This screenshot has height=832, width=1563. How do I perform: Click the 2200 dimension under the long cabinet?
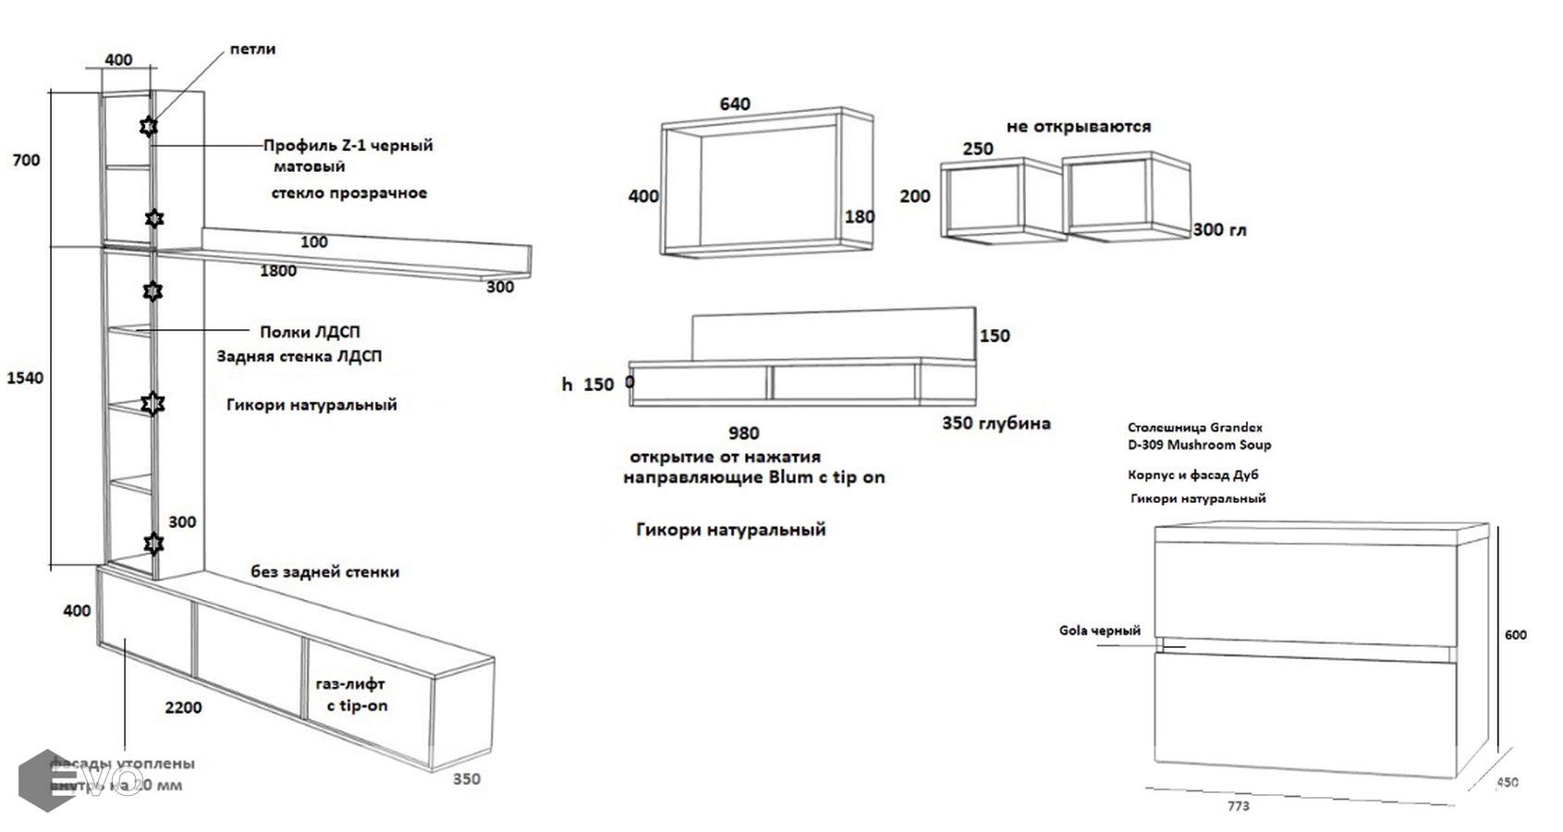coord(183,708)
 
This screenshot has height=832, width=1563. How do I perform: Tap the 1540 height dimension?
coord(25,378)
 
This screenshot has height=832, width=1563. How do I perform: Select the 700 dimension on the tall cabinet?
coord(26,160)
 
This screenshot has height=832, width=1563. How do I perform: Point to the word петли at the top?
coord(252,49)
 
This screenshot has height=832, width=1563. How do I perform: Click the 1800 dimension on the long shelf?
coord(278,271)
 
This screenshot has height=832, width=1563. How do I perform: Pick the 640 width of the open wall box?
coord(735,104)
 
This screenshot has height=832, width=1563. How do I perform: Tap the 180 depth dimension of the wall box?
coord(860,217)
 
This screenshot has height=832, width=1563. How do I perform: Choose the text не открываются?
coord(1079,127)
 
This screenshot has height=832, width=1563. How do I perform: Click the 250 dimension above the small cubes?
coord(978,148)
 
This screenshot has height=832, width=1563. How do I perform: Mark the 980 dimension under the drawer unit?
coord(744,433)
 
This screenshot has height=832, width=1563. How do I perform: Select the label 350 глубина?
coord(996,423)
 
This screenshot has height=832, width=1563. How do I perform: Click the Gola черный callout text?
coord(1100,630)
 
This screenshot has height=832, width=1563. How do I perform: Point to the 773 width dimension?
coord(1239,806)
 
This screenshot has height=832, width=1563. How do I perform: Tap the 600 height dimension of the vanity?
coord(1516,635)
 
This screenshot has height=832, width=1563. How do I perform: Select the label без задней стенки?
coord(325,572)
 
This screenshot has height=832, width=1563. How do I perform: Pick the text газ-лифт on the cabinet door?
coord(350,685)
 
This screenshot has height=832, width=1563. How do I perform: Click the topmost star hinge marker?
coord(148,126)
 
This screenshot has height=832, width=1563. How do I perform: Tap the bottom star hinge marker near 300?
coord(153,543)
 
